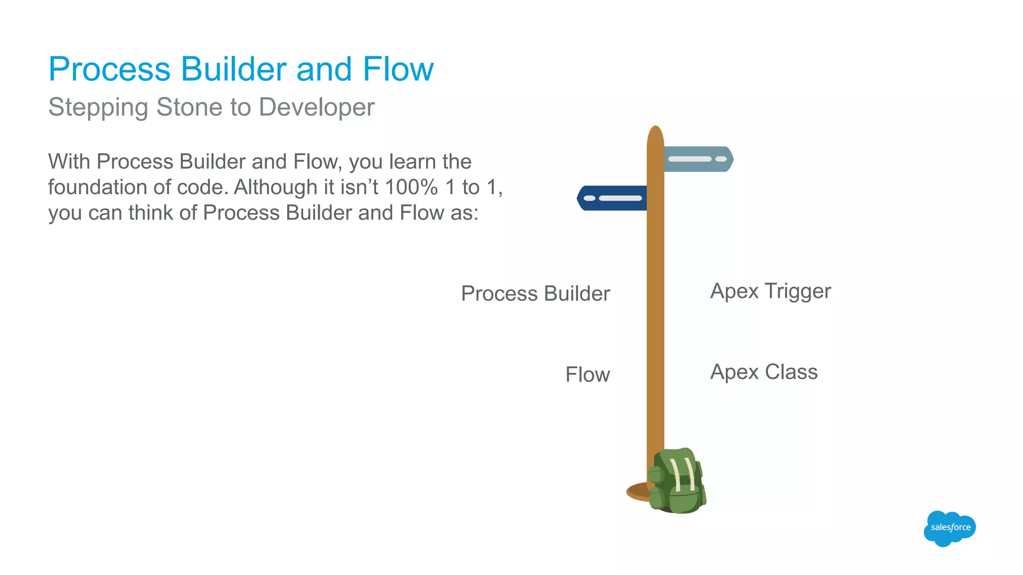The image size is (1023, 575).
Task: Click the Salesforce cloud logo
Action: (x=949, y=528)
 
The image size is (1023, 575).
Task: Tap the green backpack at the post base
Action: (x=677, y=482)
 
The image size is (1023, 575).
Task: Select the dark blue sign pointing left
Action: (x=612, y=198)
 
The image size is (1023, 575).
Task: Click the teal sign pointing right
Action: (x=698, y=159)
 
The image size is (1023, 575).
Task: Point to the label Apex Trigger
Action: (x=770, y=291)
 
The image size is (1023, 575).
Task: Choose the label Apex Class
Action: (x=764, y=372)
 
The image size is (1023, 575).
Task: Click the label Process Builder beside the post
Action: (x=535, y=293)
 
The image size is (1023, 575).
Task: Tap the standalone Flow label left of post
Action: (x=587, y=375)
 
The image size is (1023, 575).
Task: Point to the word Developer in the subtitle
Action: (x=317, y=108)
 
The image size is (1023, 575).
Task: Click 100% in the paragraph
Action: (x=411, y=188)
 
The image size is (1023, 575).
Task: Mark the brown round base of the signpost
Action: (x=637, y=492)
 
